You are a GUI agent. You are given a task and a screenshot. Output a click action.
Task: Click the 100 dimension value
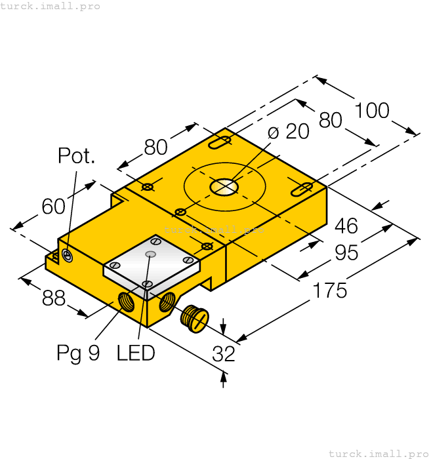(372, 110)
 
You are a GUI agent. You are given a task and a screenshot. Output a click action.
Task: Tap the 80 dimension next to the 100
(331, 120)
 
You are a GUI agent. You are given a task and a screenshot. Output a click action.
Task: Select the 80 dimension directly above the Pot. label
(156, 148)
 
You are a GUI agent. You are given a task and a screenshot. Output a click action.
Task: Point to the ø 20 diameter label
(289, 132)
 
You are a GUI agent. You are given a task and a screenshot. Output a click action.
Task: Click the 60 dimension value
(54, 207)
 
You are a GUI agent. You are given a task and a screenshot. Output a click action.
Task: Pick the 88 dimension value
(54, 299)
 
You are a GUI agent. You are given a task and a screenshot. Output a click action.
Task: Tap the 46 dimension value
(346, 226)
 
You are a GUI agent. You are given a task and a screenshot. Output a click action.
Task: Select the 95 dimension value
(346, 252)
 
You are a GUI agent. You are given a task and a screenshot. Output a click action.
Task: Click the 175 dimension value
(330, 290)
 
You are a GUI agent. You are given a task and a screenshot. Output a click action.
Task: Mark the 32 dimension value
(224, 354)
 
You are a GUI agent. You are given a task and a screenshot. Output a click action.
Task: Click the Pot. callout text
(77, 156)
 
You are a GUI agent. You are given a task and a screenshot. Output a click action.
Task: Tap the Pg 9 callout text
(78, 353)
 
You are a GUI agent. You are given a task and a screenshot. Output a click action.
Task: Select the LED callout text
(136, 353)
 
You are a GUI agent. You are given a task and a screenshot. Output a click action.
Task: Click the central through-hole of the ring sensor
(224, 187)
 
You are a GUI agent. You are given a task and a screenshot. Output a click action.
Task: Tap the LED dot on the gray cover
(152, 254)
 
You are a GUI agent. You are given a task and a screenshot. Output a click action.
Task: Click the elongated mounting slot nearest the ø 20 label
(220, 142)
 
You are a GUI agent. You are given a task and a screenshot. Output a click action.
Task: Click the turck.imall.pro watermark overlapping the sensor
(214, 229)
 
